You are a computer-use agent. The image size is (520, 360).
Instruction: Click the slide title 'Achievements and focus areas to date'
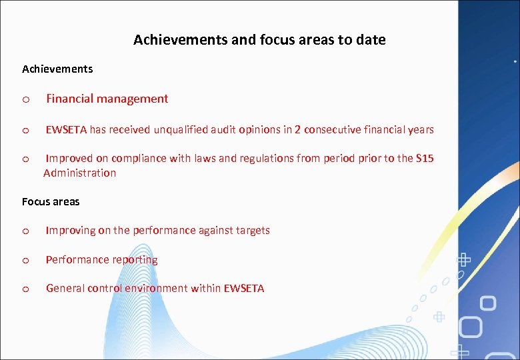(259, 40)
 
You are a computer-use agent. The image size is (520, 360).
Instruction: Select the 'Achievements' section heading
(57, 69)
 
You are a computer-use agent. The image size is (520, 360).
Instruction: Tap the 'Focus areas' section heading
(51, 201)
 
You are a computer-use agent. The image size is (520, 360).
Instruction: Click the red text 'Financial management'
(107, 99)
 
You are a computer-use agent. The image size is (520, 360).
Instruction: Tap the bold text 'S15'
(425, 159)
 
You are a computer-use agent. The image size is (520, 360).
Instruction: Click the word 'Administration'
(79, 173)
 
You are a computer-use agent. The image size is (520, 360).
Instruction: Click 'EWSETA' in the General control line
(244, 289)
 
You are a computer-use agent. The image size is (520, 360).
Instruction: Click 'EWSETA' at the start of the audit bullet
(66, 130)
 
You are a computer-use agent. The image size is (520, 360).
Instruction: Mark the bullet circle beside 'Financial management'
(25, 100)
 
